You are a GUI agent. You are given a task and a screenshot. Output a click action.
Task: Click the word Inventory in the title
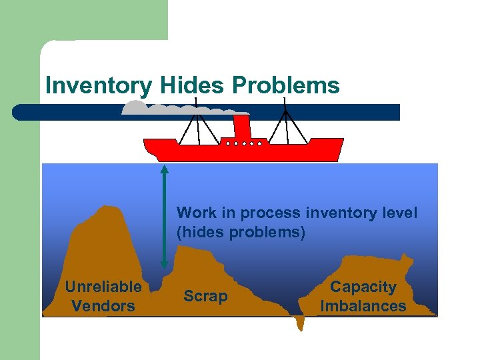point(99,86)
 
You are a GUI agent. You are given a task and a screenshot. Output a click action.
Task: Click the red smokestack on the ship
point(241,127)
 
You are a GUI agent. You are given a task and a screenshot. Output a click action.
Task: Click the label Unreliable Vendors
point(103,297)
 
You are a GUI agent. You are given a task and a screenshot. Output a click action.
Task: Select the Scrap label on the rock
point(205,297)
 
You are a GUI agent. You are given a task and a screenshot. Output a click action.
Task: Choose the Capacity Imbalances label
point(363,297)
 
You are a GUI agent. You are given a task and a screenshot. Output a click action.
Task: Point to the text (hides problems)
point(241,233)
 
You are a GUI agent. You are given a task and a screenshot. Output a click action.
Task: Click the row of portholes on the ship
point(241,143)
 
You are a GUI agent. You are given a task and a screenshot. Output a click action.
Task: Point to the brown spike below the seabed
point(300,324)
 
